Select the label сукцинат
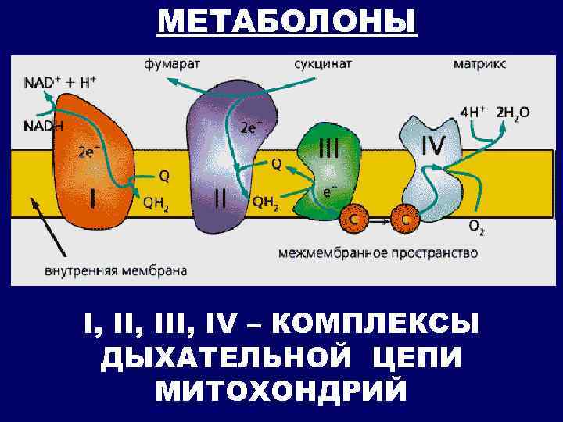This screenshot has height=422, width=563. [x=323, y=63]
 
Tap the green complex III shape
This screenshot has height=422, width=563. [x=328, y=168]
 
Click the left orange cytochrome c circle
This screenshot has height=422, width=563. [x=354, y=220]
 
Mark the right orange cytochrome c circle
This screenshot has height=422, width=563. [x=405, y=220]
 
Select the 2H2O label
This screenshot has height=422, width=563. [x=513, y=113]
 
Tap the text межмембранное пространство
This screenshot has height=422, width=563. [x=378, y=252]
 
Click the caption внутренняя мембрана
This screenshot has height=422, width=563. [x=114, y=270]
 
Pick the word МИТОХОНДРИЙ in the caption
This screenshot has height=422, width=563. [x=281, y=389]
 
